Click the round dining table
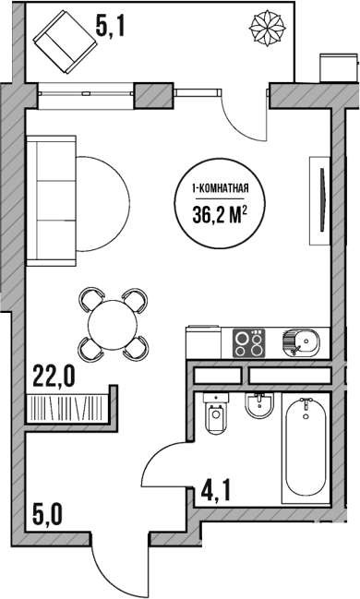click(x=113, y=323)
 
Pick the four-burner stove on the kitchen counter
click(x=248, y=342)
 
